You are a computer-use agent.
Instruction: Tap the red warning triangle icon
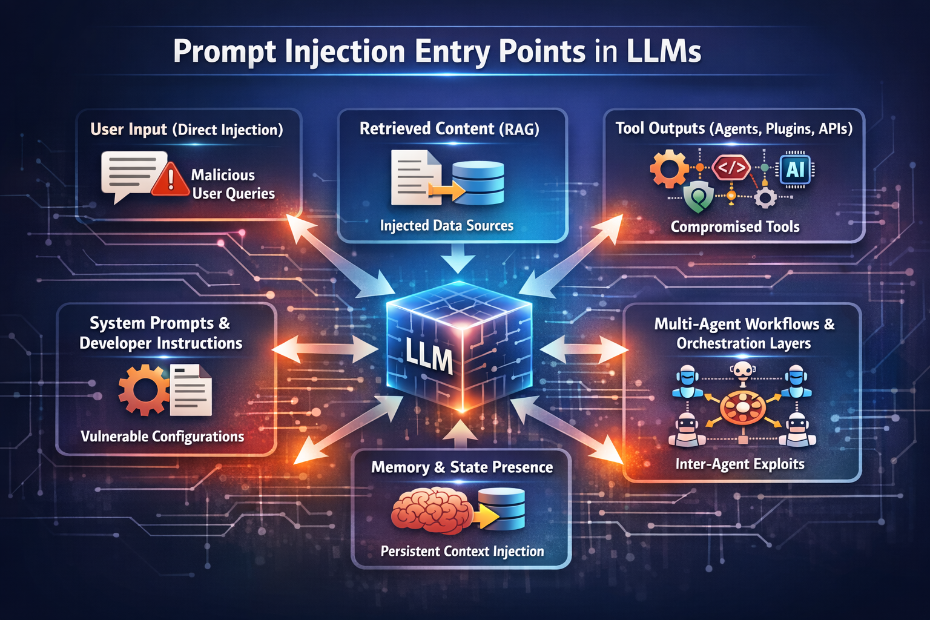170,180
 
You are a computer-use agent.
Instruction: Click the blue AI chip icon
795,170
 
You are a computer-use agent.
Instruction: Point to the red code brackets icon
731,168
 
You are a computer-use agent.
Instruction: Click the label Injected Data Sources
446,226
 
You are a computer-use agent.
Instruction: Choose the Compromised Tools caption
734,227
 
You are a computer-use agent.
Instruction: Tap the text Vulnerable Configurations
162,437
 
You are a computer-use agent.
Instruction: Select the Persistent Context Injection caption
462,551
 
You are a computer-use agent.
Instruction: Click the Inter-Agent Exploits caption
740,464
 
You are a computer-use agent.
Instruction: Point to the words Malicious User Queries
232,184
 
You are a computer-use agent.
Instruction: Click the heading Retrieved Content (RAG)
449,129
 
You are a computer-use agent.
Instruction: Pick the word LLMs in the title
664,51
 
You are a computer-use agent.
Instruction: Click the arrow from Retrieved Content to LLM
458,259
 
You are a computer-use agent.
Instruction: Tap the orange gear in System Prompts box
143,391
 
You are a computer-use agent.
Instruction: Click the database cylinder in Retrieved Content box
478,182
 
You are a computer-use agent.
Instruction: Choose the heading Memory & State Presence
461,467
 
